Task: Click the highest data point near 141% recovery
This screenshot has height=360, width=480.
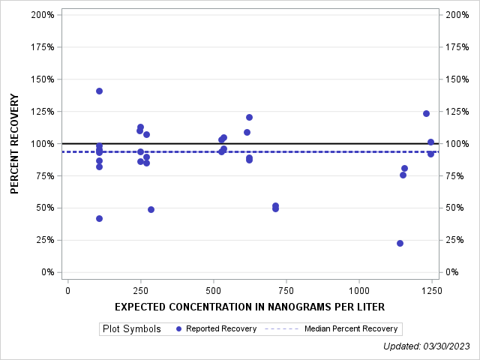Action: (99, 91)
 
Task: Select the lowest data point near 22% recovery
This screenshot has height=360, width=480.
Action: (400, 243)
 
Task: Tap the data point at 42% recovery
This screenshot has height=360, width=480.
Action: (99, 218)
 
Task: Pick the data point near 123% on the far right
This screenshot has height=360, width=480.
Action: (426, 113)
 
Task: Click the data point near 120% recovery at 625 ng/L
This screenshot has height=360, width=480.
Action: (249, 117)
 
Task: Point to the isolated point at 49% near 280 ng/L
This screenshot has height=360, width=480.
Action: (151, 209)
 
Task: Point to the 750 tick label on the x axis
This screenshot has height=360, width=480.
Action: (286, 290)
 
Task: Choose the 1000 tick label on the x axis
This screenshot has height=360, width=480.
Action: (358, 290)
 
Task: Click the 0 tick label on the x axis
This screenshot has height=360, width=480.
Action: (68, 290)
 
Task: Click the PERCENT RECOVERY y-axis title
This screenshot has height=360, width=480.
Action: (15, 143)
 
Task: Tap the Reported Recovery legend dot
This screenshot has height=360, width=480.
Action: (177, 328)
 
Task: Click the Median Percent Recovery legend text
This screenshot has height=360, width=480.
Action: (351, 328)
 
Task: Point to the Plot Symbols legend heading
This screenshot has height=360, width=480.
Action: (131, 328)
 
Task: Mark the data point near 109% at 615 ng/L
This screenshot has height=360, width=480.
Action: (247, 132)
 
